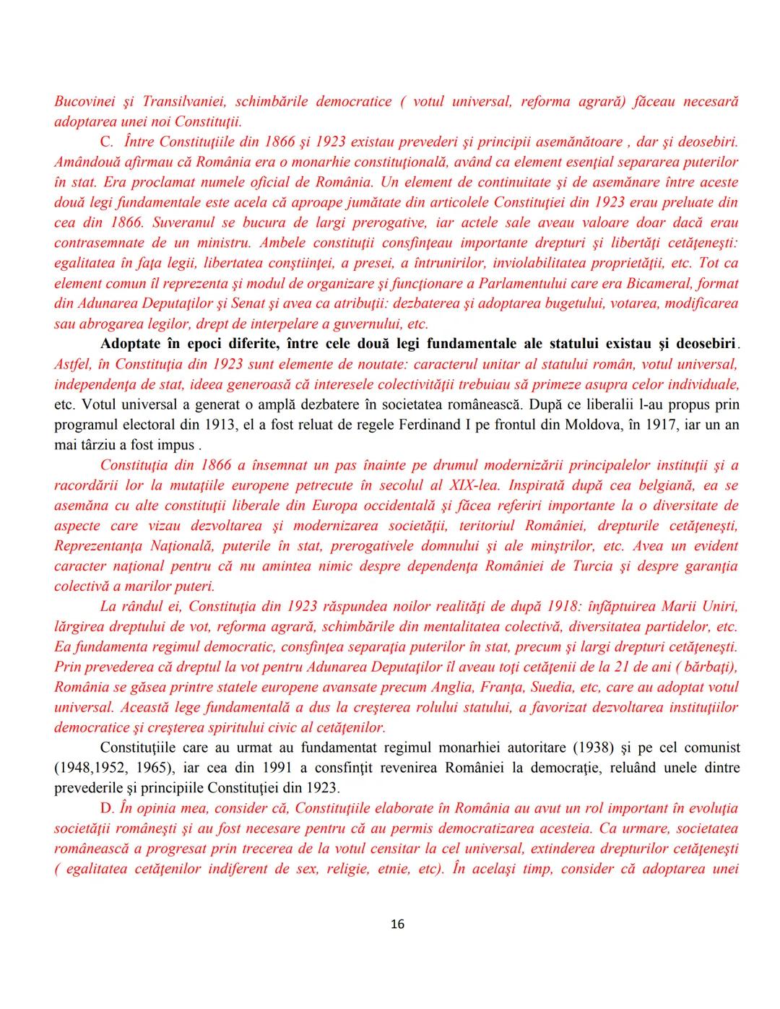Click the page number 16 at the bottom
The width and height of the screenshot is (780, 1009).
pyautogui.click(x=397, y=924)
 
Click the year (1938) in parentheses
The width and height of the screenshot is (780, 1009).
pyautogui.click(x=581, y=747)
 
